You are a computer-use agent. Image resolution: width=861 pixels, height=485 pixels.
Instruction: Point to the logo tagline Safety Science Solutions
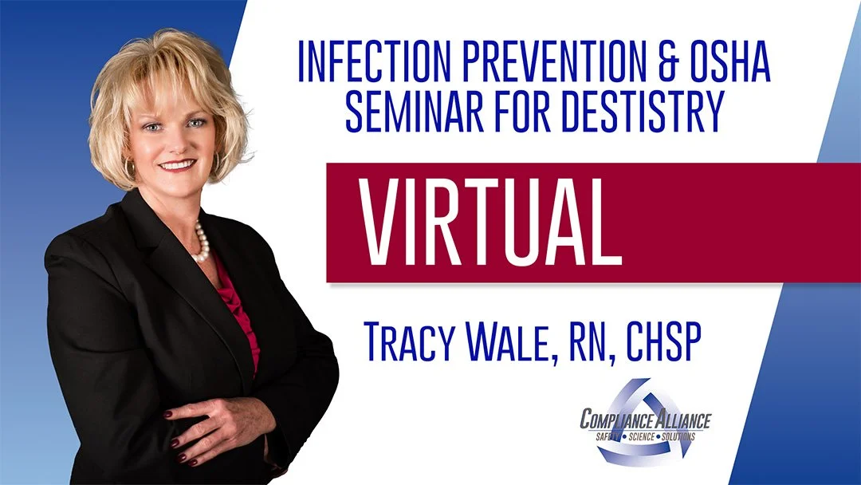[x=644, y=436]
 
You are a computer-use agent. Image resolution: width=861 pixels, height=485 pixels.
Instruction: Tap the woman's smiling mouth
[x=178, y=165]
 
